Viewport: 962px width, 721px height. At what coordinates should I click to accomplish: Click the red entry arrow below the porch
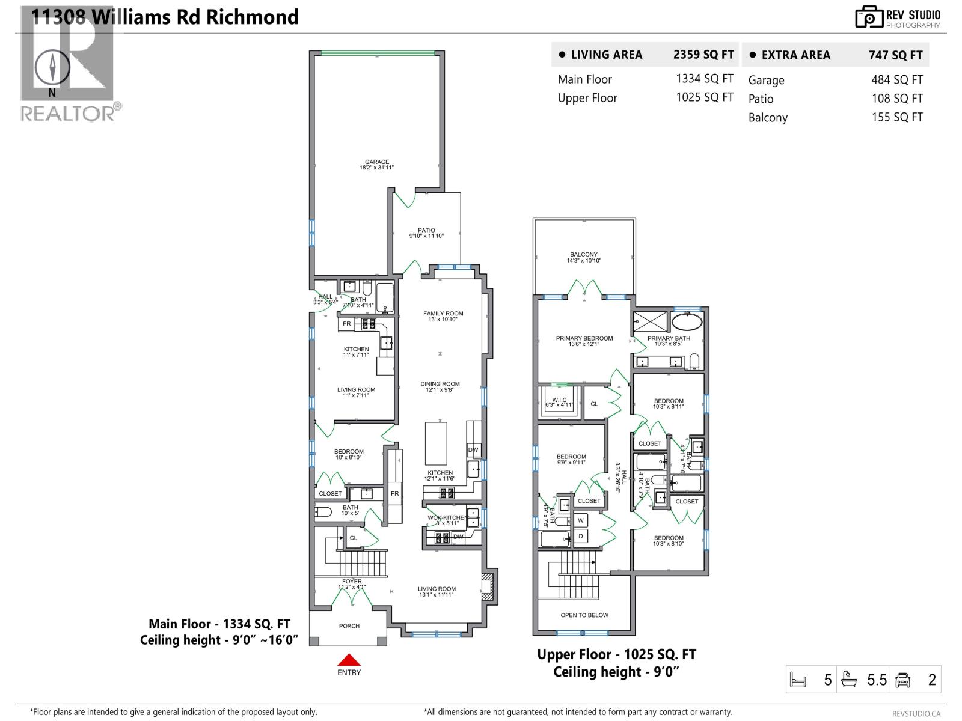coord(349,660)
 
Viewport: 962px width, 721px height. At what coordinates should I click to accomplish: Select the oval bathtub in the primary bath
coord(687,321)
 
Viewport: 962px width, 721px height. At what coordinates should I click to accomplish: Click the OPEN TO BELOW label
coord(584,615)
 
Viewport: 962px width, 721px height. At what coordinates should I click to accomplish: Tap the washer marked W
coord(581,520)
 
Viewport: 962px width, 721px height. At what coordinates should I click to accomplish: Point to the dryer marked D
coord(581,536)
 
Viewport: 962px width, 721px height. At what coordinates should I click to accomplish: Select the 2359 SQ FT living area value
coord(703,55)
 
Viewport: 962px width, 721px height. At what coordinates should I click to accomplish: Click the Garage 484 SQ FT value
coord(896,79)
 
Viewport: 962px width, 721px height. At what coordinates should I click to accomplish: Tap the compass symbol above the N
coord(52,67)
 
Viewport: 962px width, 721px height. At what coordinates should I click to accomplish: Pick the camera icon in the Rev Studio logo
coord(869,17)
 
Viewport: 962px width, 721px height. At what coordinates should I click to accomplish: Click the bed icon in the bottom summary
coord(798,680)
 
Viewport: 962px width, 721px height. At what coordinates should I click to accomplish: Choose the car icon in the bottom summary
coord(902,680)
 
